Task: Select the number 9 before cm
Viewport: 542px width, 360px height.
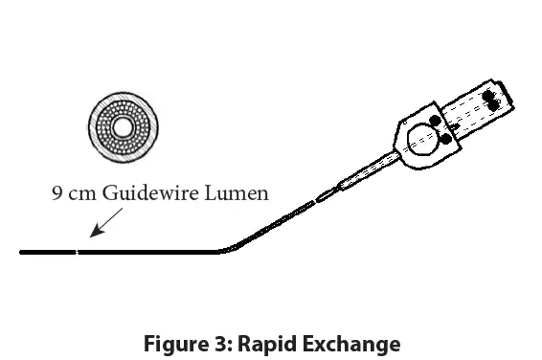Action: click(x=56, y=193)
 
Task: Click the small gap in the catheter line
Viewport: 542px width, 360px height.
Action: click(x=78, y=252)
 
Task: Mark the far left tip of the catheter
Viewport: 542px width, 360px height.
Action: click(x=22, y=252)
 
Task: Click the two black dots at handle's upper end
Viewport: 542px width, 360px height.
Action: click(x=493, y=102)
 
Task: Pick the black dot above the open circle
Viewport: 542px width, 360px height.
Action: click(x=434, y=121)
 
